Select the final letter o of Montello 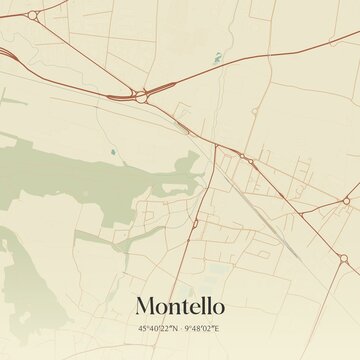tap(218, 304)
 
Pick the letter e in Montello tap(195, 304)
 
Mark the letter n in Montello tap(173, 304)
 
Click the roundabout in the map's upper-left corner tap(33, 16)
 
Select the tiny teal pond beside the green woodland tap(114, 152)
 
